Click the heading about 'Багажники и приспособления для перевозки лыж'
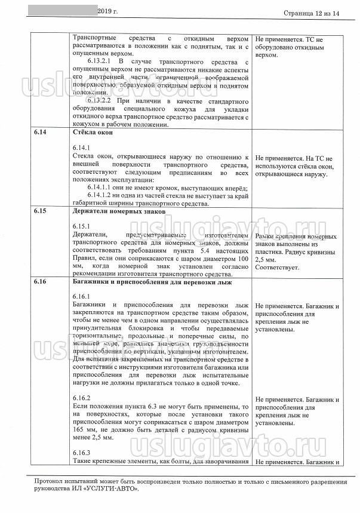[x=156, y=281]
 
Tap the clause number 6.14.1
[x=81, y=147]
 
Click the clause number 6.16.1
[x=81, y=297]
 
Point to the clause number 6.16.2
[x=81, y=398]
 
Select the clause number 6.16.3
[x=81, y=453]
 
